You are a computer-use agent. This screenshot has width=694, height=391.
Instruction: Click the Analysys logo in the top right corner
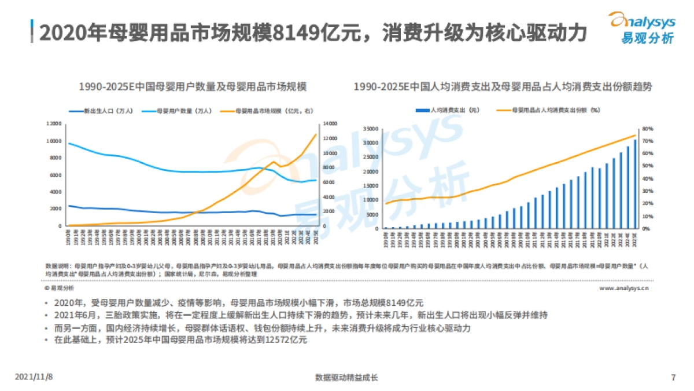(643, 28)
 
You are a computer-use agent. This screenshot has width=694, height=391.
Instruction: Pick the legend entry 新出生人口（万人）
(97, 110)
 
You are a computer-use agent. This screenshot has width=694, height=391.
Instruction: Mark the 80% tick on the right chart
(647, 129)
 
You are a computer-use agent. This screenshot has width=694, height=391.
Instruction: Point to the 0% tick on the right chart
(646, 228)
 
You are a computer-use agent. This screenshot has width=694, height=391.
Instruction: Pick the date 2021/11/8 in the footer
(34, 377)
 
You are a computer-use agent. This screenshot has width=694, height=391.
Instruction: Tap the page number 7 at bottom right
(673, 377)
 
